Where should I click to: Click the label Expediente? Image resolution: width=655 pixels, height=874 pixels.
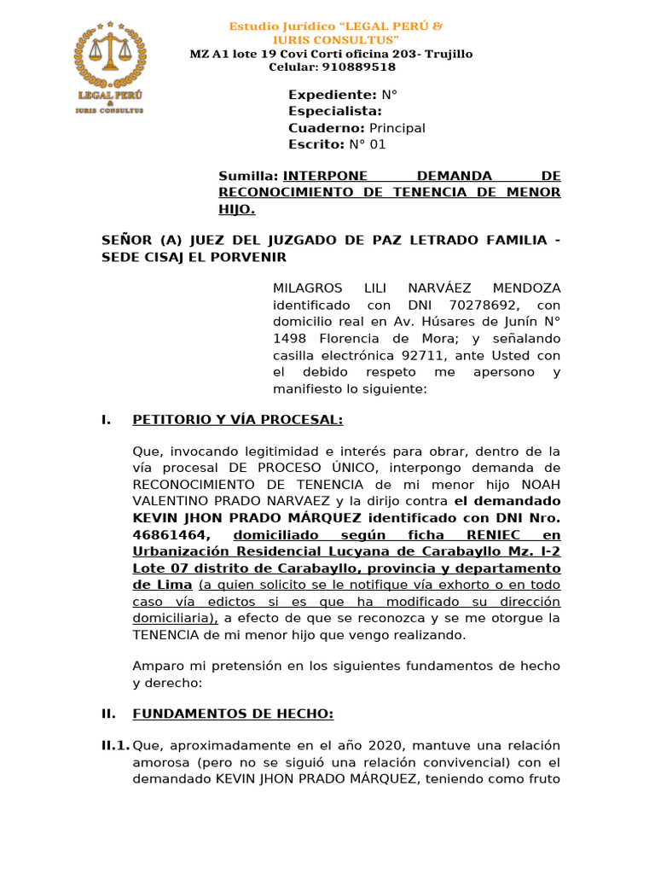tap(333, 95)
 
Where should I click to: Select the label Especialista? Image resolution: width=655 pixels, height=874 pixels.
tap(335, 111)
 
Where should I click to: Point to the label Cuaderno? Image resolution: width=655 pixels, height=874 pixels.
tap(327, 128)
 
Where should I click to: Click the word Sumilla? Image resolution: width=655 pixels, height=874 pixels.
tap(248, 176)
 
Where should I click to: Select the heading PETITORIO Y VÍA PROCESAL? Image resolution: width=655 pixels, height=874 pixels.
tap(238, 420)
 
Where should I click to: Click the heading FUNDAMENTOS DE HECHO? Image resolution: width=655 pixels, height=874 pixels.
tap(233, 714)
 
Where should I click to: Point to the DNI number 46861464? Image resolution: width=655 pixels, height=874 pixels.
tap(166, 534)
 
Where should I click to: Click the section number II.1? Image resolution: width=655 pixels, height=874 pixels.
tap(115, 746)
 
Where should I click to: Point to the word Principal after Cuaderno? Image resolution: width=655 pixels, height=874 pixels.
tap(397, 128)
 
